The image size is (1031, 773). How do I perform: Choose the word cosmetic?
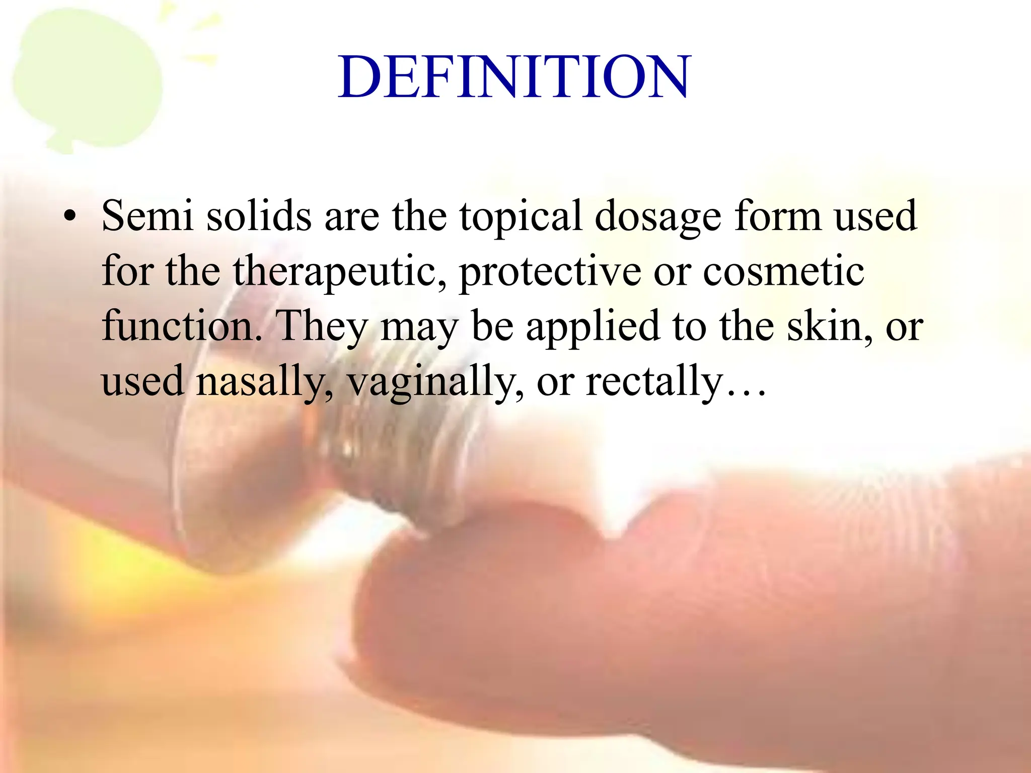[783, 271]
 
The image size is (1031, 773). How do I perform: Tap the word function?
[181, 326]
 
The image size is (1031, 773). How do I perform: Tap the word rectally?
[654, 381]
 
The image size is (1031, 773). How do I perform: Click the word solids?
[259, 216]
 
